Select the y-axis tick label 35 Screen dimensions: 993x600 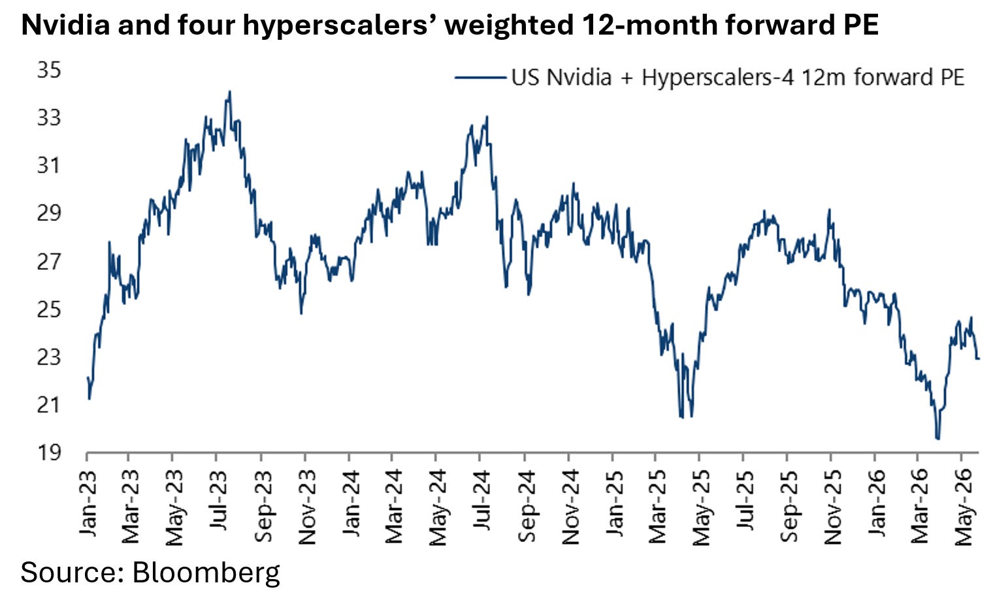click(x=49, y=70)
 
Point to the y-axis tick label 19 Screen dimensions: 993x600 click(x=49, y=452)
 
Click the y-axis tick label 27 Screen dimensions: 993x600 click(x=49, y=261)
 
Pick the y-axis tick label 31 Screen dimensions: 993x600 click(x=49, y=166)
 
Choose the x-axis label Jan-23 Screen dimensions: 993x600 click(x=88, y=503)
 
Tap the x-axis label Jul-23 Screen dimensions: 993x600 click(x=218, y=501)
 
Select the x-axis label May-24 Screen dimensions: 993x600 click(x=438, y=508)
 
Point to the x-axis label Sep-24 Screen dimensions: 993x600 click(x=527, y=506)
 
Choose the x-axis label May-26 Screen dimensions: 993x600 click(x=964, y=508)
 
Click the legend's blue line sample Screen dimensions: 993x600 click(x=481, y=78)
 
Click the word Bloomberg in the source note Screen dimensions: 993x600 click(x=206, y=573)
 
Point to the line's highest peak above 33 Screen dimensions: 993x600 click(x=230, y=91)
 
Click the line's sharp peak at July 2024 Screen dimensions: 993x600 click(x=487, y=117)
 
